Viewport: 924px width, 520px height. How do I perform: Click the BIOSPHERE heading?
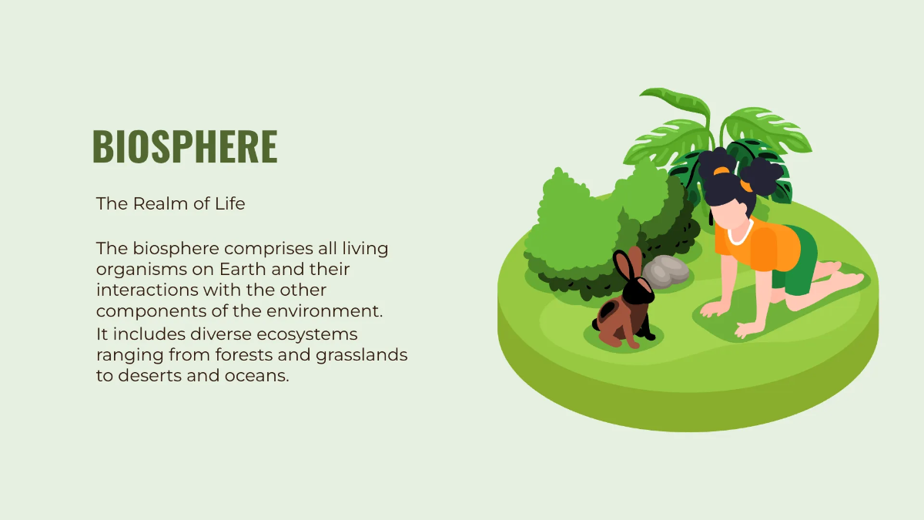(x=184, y=146)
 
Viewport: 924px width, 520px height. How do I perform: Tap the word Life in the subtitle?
(x=229, y=204)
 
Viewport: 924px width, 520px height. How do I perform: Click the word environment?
(x=333, y=311)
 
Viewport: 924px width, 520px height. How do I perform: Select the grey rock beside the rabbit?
(x=667, y=270)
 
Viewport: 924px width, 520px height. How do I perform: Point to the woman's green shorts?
(x=797, y=266)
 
